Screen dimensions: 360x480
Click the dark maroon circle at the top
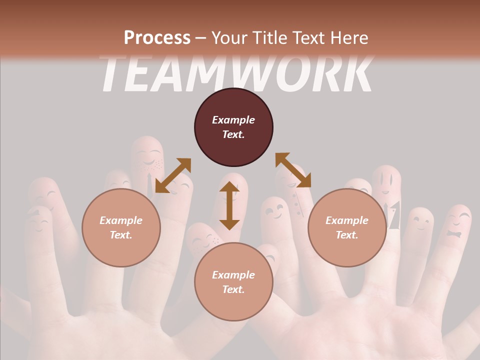pyautogui.click(x=233, y=127)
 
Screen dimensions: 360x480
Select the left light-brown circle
pyautogui.click(x=121, y=227)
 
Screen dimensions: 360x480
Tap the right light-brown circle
pyautogui.click(x=347, y=227)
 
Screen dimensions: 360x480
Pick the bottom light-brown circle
pyautogui.click(x=233, y=282)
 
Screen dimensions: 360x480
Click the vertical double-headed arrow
pyautogui.click(x=229, y=205)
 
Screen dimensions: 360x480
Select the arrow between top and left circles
pyautogui.click(x=173, y=175)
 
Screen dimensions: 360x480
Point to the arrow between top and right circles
pyautogui.click(x=293, y=170)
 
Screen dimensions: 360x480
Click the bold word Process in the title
pyautogui.click(x=157, y=37)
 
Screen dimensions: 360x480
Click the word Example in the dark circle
pyautogui.click(x=233, y=120)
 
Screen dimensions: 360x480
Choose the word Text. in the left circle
pyautogui.click(x=121, y=235)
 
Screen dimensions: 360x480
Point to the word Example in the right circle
pyautogui.click(x=347, y=220)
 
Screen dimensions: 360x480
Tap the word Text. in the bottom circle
pyautogui.click(x=233, y=289)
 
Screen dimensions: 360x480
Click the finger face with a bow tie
pyautogui.click(x=456, y=225)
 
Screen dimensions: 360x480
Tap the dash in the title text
pyautogui.click(x=201, y=37)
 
